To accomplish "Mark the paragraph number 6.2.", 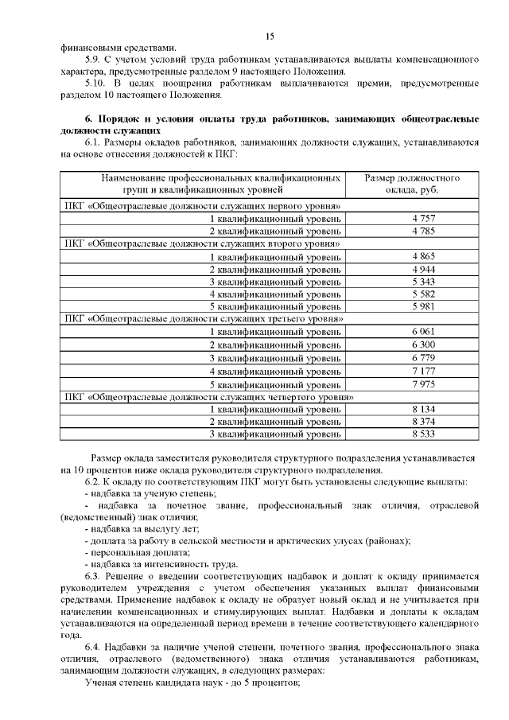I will (x=93, y=483).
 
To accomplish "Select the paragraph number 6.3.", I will (x=94, y=576).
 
